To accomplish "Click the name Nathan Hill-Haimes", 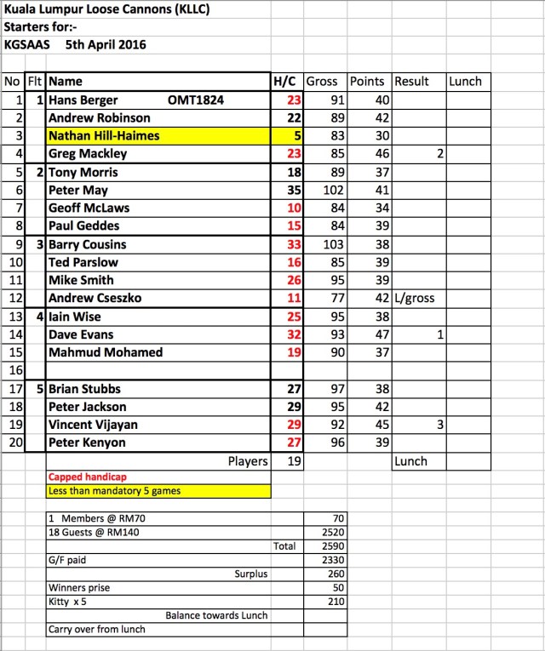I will [x=104, y=136].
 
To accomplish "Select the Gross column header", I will [x=322, y=82].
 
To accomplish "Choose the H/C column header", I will [x=284, y=82].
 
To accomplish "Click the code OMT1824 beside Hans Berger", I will [x=196, y=100].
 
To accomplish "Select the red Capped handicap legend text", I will [x=83, y=477].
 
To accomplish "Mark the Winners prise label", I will [x=78, y=587].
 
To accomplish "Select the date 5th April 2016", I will [x=106, y=44].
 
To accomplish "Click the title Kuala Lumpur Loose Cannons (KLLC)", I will [x=106, y=10].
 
